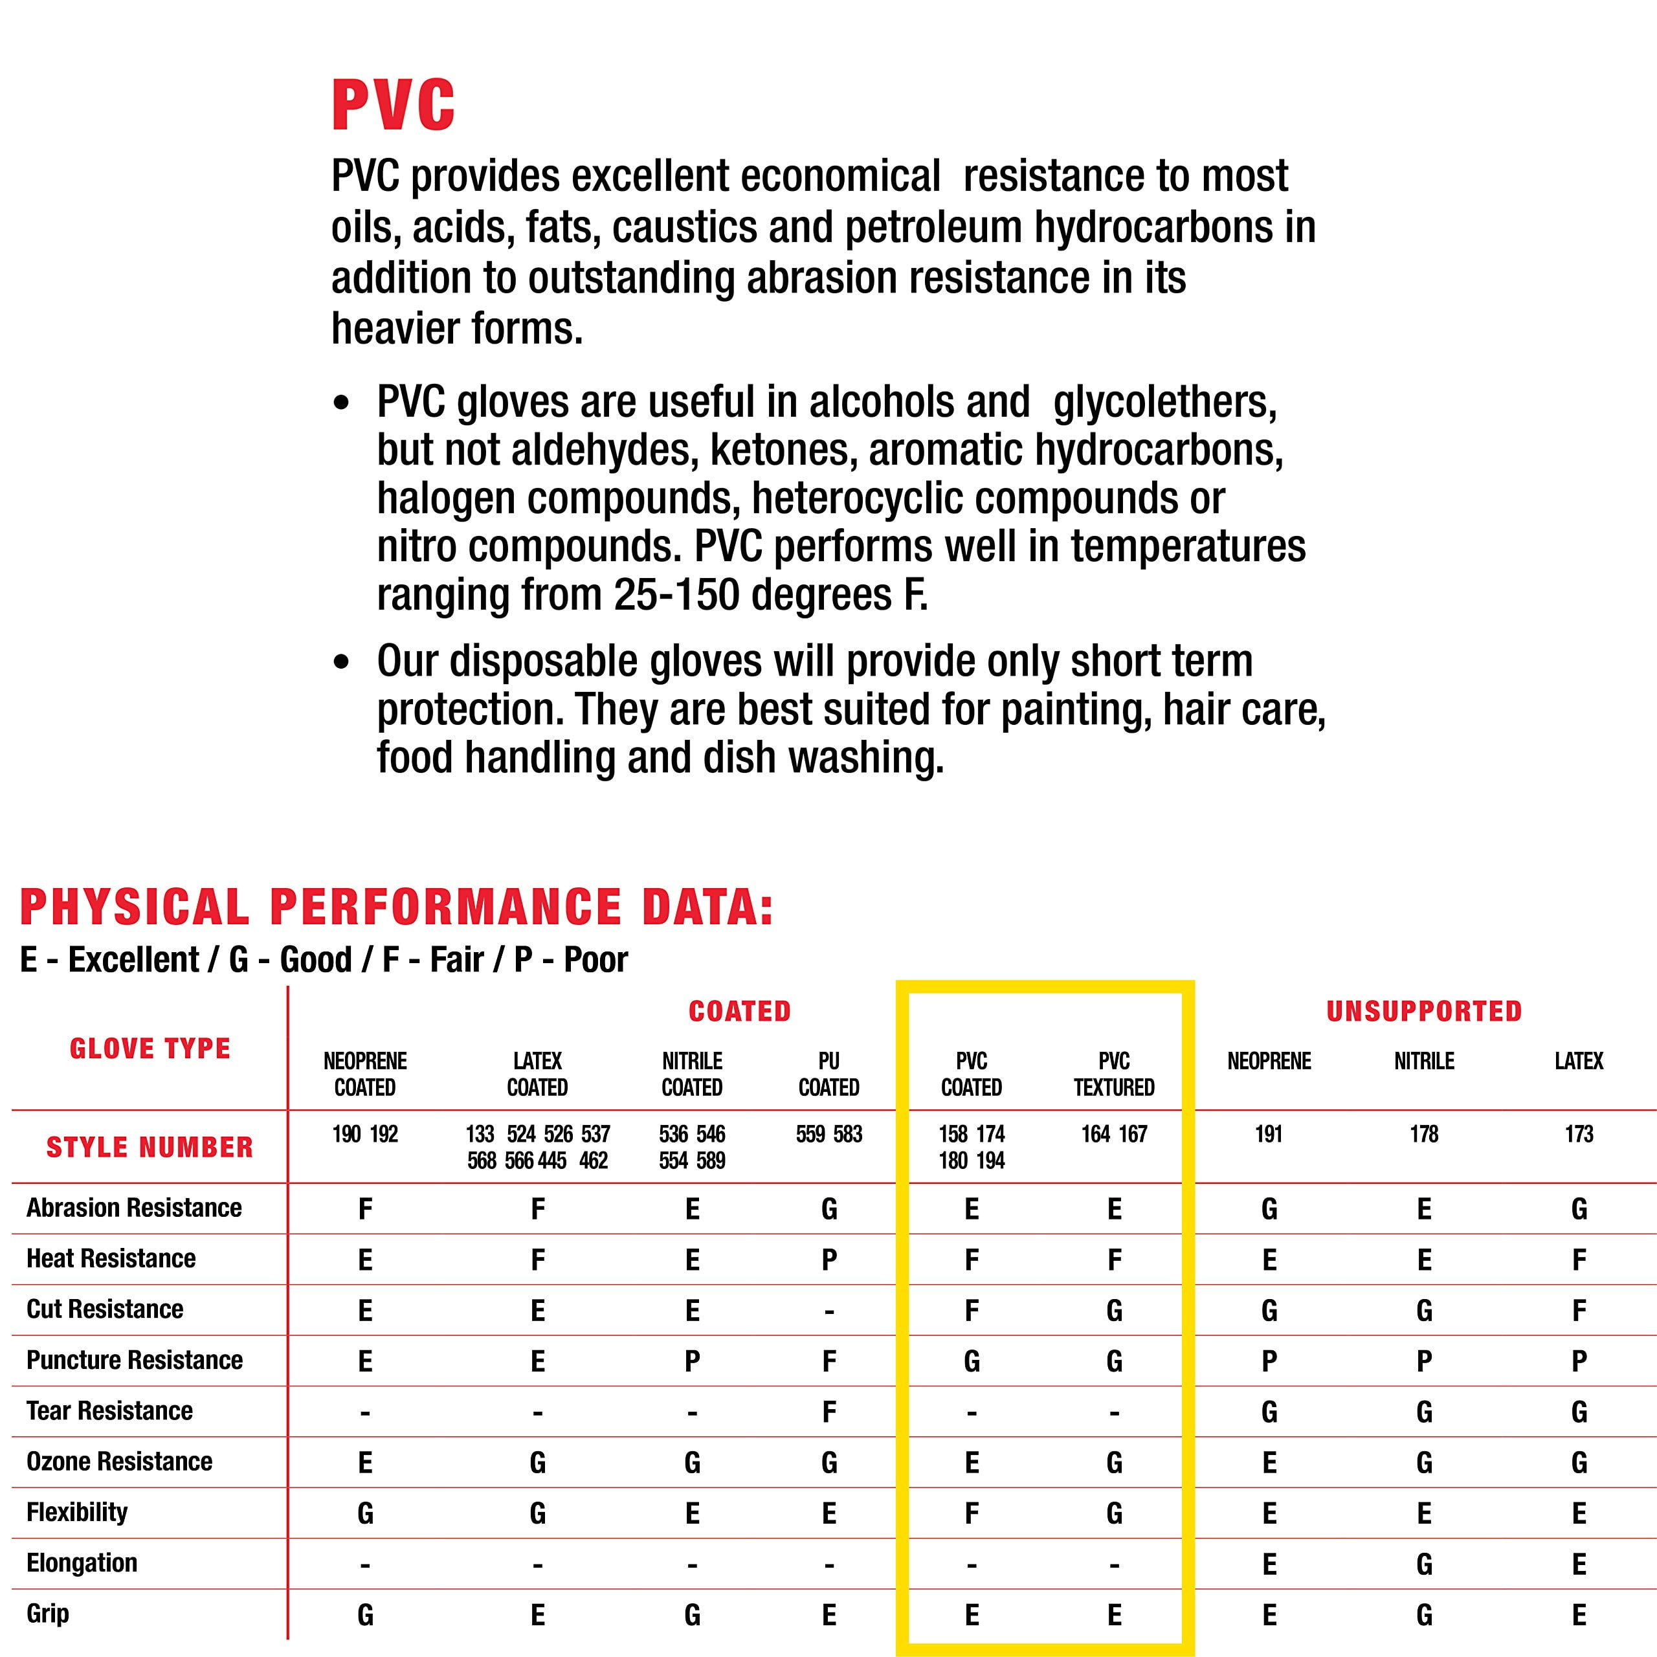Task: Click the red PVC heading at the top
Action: (393, 106)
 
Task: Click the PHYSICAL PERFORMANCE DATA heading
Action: (396, 907)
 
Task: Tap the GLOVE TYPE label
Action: (150, 1048)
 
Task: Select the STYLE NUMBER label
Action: (150, 1147)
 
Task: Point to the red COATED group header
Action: (739, 1011)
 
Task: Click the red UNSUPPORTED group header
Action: (1424, 1011)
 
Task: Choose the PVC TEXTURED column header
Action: (1114, 1074)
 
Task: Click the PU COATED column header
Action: (828, 1074)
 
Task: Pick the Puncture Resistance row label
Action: (135, 1359)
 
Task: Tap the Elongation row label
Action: (82, 1562)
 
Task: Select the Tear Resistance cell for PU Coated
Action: (828, 1412)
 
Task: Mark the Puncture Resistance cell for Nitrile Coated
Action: (692, 1361)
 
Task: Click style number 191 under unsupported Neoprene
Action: (1269, 1134)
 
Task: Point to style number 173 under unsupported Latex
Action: (1579, 1134)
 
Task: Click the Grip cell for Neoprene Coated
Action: (365, 1615)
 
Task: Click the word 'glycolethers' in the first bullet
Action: (1164, 402)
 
